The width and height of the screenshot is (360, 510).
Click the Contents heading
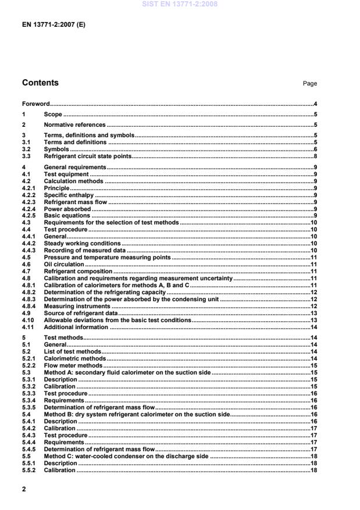click(x=40, y=83)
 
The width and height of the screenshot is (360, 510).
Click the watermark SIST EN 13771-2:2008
click(x=180, y=4)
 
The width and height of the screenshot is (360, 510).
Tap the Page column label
click(x=309, y=84)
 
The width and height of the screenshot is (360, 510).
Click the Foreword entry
click(x=35, y=104)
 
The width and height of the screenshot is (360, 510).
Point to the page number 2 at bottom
click(x=24, y=490)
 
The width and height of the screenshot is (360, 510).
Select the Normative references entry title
click(x=74, y=124)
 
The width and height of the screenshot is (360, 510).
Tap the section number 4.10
click(x=27, y=320)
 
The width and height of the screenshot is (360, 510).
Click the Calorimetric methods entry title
click(x=75, y=358)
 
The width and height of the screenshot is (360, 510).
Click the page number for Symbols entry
click(x=315, y=149)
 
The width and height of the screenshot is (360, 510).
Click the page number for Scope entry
click(x=315, y=114)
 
